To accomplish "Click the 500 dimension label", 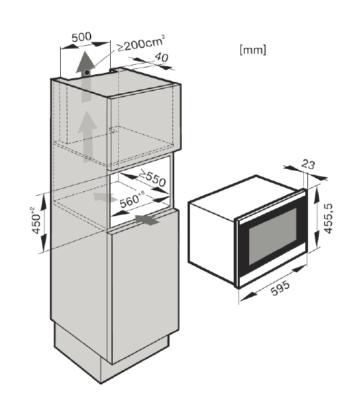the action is point(82,37).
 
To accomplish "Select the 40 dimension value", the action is point(161,57).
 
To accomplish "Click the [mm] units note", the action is point(253,49).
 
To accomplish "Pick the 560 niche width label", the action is point(132,199).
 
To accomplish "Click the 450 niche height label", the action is point(36,221).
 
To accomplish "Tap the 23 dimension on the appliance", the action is point(308,164).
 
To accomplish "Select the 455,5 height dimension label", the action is point(328,219).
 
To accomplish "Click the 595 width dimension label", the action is point(280,288).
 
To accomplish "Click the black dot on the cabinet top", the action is point(87,72).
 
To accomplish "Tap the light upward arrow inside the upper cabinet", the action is point(87,136).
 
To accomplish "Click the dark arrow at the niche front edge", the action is point(147,219).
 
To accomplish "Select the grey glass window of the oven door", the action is point(273,236).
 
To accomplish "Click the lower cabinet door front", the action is point(145,286).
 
